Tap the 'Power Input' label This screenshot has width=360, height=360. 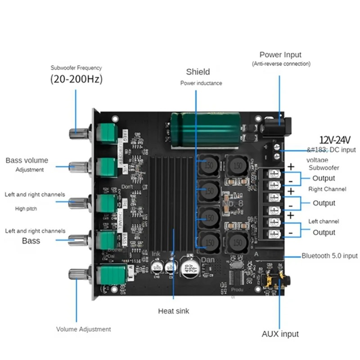click(x=280, y=54)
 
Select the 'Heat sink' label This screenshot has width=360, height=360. click(x=173, y=310)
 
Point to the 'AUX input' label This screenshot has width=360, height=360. click(x=280, y=334)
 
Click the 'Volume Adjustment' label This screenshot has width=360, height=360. click(x=83, y=329)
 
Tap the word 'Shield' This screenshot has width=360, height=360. click(x=198, y=72)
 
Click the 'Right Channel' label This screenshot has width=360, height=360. click(x=327, y=189)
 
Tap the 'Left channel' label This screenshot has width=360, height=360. click(x=324, y=221)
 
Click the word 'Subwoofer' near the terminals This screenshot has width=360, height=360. click(x=324, y=167)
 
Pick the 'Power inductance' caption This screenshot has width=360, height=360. click(x=201, y=83)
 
